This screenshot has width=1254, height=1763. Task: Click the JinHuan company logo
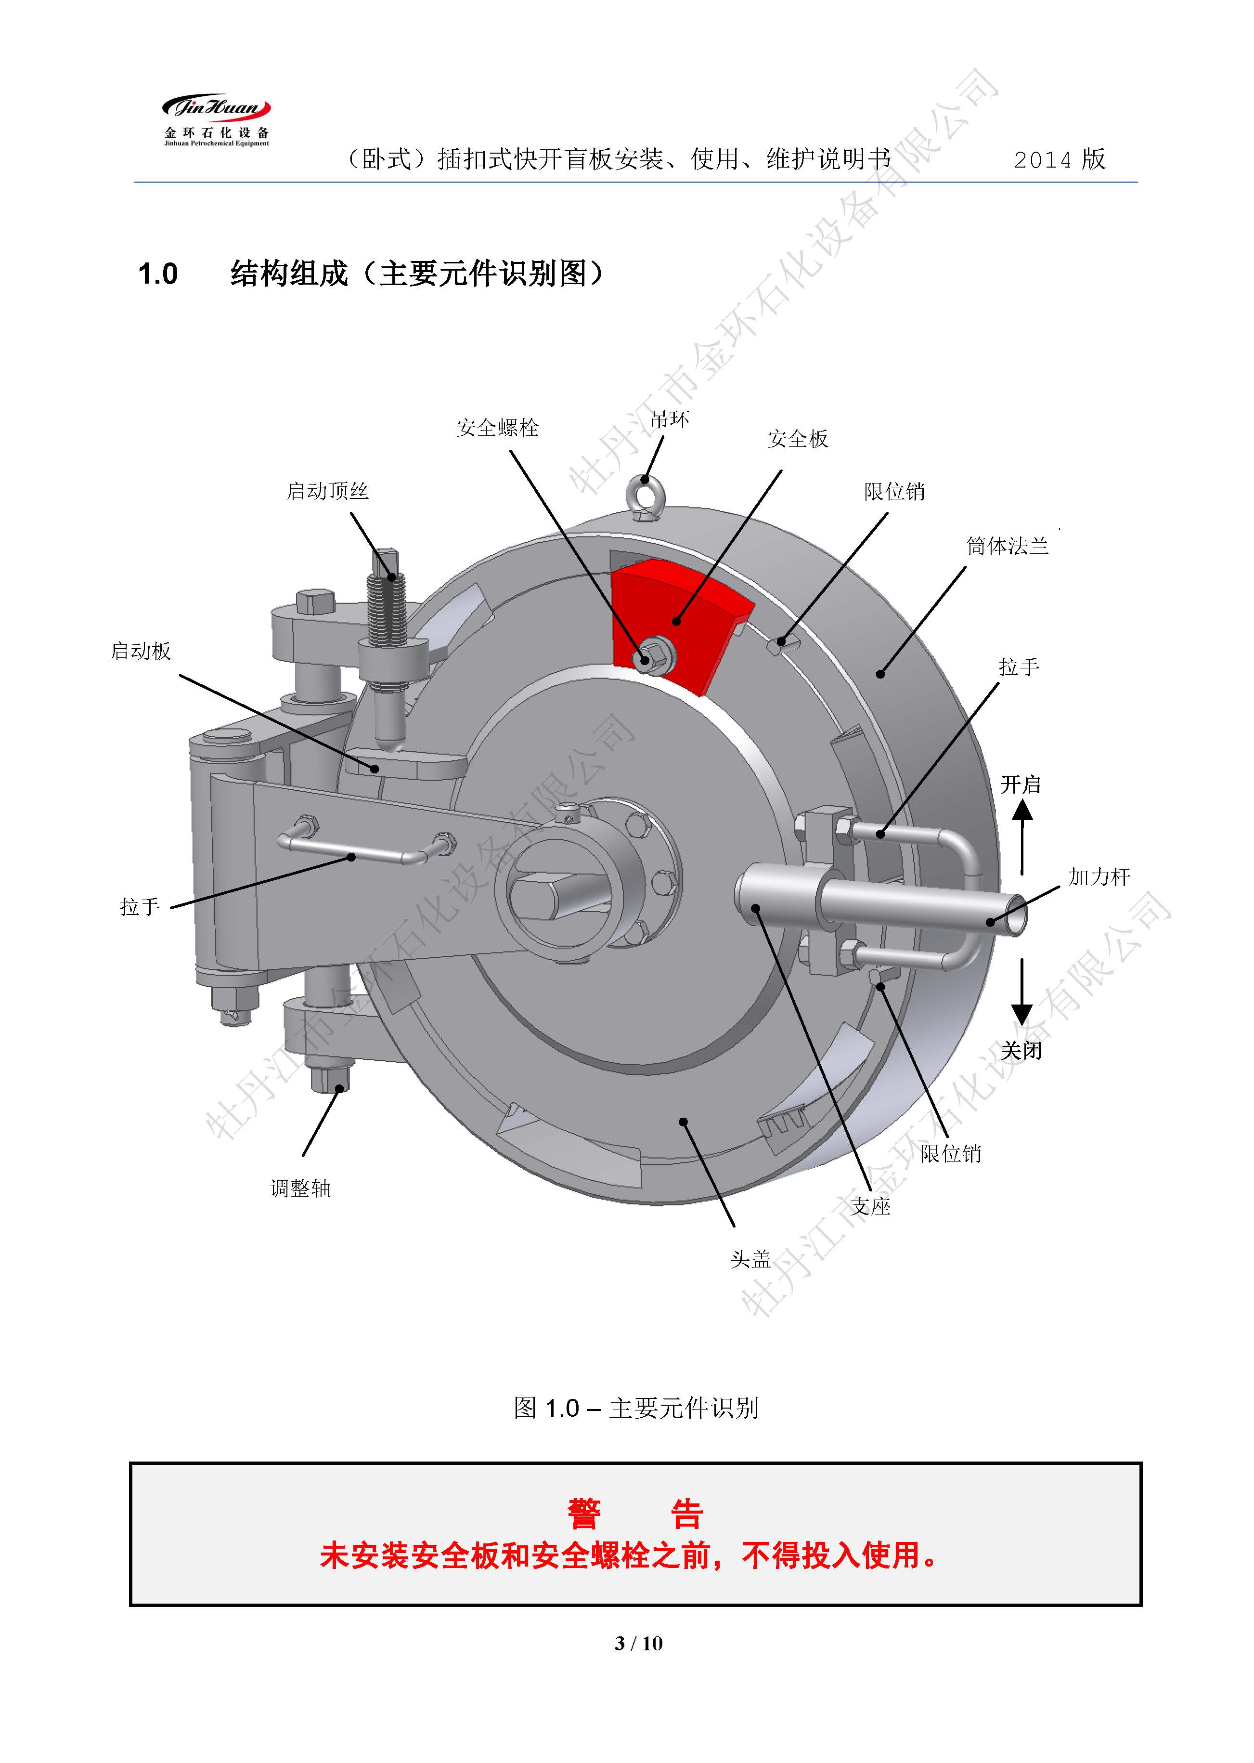tap(216, 120)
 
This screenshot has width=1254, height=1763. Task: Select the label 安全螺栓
tap(497, 428)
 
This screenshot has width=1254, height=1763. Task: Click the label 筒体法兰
tap(1007, 547)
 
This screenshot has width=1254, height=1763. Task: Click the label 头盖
tap(750, 1259)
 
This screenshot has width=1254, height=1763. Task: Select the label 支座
tap(870, 1206)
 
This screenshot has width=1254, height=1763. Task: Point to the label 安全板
tap(798, 439)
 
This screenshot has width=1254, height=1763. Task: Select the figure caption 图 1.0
tap(635, 1408)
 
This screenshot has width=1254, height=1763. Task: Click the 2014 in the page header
tap(1042, 160)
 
